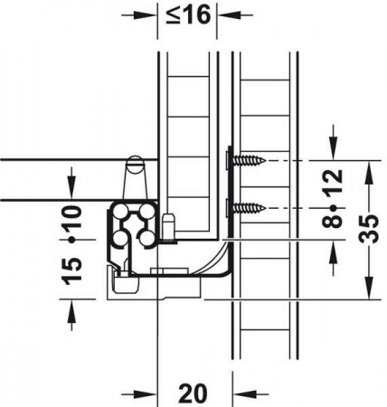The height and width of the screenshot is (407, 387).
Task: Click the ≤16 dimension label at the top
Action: click(188, 15)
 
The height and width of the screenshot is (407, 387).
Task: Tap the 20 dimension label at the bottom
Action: click(193, 393)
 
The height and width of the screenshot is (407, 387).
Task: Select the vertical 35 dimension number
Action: click(370, 229)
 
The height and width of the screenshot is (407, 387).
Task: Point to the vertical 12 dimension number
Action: click(333, 181)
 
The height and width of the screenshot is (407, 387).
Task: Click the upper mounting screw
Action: click(248, 160)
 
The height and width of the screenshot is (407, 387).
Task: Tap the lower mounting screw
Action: click(248, 208)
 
